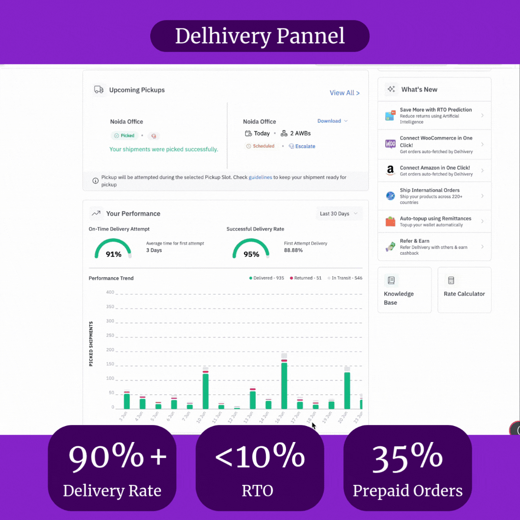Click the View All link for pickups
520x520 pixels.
[x=344, y=93]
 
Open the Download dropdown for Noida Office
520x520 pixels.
[x=332, y=121]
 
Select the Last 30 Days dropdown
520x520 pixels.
[x=339, y=214]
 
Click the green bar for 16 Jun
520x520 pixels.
[x=284, y=385]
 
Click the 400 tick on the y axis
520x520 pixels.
[x=110, y=292]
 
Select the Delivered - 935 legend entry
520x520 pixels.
[x=267, y=278]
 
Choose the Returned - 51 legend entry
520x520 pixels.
[x=306, y=278]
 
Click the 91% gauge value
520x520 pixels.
[x=114, y=254]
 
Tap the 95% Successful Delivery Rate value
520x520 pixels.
[x=251, y=254]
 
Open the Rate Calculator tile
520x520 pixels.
[x=464, y=290]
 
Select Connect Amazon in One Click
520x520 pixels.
[x=434, y=170]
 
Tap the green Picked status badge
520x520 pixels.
[x=125, y=136]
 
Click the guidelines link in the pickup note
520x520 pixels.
[x=260, y=178]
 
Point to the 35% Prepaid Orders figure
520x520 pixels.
[x=407, y=456]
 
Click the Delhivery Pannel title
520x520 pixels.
[x=260, y=36]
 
